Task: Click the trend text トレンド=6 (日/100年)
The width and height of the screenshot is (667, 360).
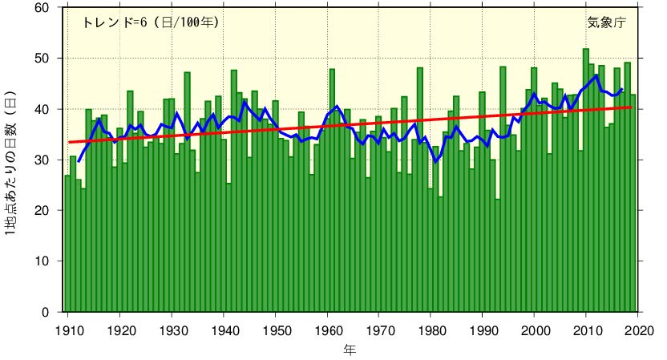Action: (x=150, y=22)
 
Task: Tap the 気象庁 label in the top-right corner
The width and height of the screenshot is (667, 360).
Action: (x=607, y=22)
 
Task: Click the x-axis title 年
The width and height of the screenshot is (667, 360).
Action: (x=350, y=350)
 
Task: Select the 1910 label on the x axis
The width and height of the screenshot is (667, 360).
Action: (x=68, y=329)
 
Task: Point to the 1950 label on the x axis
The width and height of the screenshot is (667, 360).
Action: (x=276, y=329)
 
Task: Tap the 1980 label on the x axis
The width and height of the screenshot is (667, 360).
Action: (x=431, y=329)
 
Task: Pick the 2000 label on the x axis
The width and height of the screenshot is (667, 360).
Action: (x=535, y=329)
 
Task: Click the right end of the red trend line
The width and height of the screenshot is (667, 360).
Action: (x=632, y=107)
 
